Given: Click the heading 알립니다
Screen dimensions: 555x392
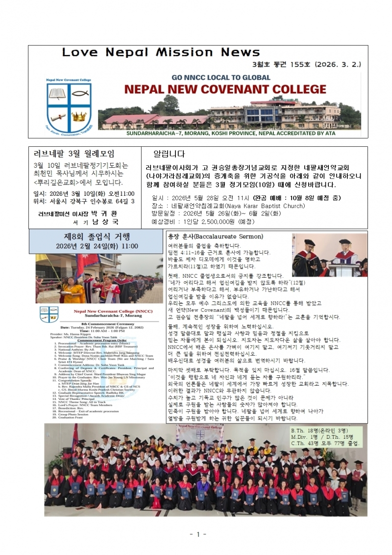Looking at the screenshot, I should tap(170, 154).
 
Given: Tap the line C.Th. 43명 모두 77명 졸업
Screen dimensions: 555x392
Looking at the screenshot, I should tap(325, 443).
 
